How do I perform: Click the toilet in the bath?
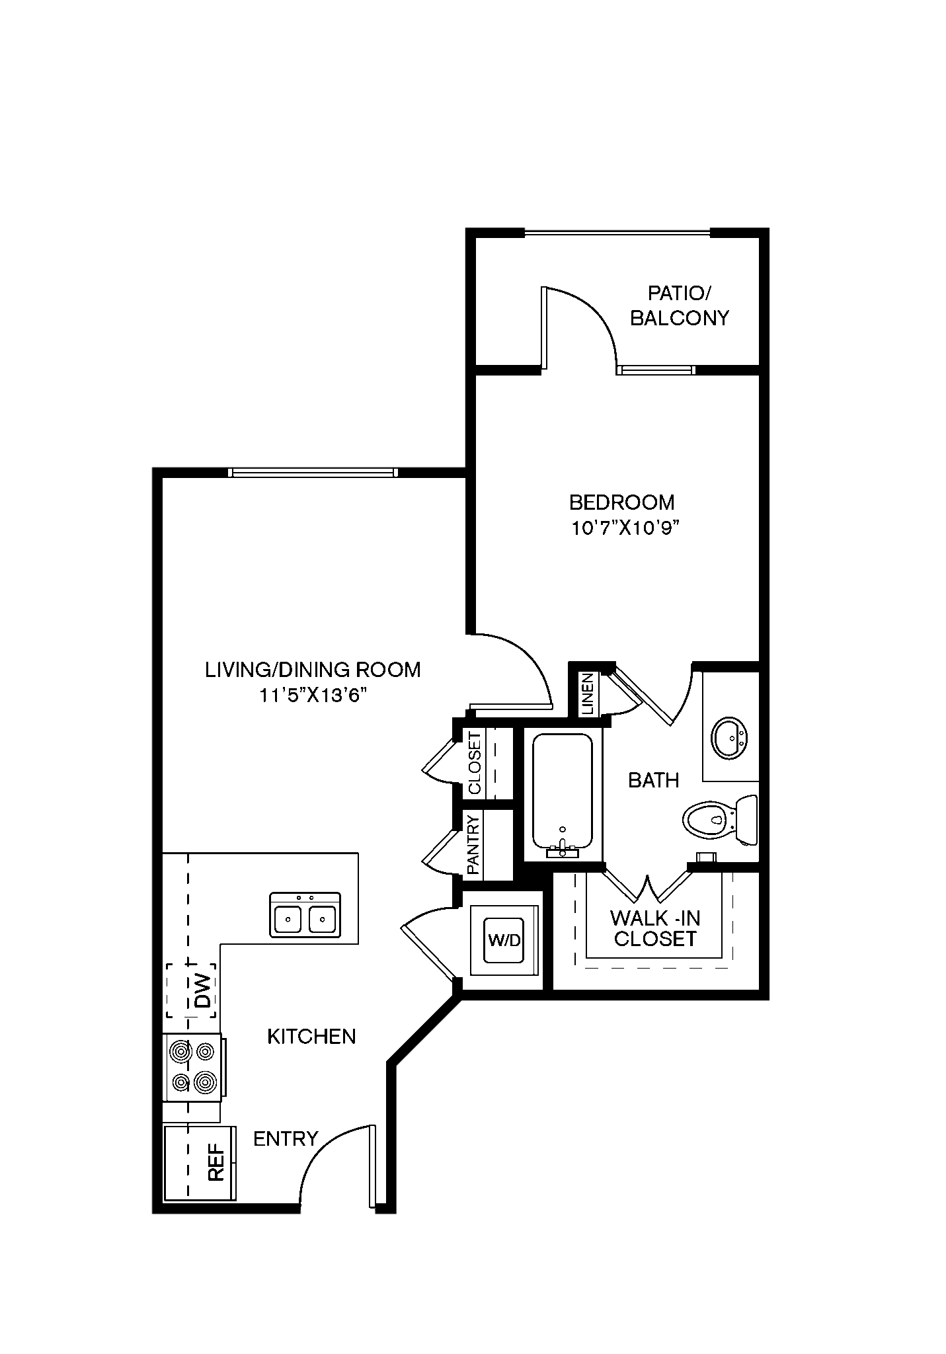[x=719, y=820]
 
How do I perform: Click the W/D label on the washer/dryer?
[x=503, y=939]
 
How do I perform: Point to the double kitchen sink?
[x=305, y=914]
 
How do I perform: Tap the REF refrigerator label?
[x=216, y=1163]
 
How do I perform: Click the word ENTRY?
[x=286, y=1138]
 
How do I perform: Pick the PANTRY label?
[x=473, y=844]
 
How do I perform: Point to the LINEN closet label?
[x=588, y=694]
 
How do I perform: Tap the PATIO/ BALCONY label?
[x=680, y=305]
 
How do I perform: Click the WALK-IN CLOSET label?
[x=654, y=928]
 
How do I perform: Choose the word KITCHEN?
[x=311, y=1036]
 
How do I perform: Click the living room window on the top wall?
[x=313, y=472]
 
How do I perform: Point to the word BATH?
[x=653, y=780]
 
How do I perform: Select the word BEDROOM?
[x=622, y=502]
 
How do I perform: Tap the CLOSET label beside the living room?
[x=475, y=763]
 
